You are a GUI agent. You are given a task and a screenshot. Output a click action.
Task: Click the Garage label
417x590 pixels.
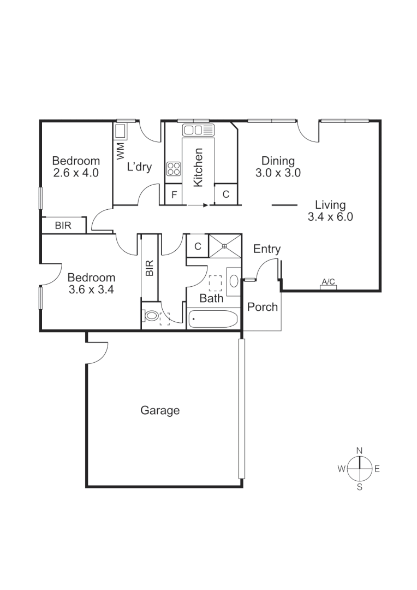(160, 410)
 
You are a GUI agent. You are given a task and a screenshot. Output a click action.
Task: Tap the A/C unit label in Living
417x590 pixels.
(328, 282)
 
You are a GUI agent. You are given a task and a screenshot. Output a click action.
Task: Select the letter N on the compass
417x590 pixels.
(359, 450)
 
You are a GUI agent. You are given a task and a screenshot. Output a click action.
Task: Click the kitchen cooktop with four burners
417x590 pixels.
(174, 168)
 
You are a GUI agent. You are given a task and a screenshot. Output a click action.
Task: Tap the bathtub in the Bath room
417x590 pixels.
(213, 318)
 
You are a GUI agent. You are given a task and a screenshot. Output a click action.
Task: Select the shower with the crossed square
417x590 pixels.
(223, 245)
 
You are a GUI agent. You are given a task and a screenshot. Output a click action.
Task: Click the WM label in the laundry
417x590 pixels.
(120, 149)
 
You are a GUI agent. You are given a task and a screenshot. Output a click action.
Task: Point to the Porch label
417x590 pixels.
(263, 307)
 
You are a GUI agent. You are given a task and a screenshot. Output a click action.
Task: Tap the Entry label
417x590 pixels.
(267, 249)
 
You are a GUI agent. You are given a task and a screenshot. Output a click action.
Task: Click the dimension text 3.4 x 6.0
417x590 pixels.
(331, 216)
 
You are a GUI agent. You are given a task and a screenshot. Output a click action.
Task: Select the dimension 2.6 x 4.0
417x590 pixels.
(76, 173)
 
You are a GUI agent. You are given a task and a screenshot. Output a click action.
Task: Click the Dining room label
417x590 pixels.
(278, 161)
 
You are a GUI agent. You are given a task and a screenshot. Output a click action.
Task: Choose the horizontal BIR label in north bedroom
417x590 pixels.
(63, 225)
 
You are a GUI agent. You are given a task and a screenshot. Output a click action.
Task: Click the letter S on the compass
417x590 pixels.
(359, 487)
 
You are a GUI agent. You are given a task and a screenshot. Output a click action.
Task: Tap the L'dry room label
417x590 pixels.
(139, 167)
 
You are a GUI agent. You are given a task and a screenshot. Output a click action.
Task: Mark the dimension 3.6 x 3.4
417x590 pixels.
(91, 290)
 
